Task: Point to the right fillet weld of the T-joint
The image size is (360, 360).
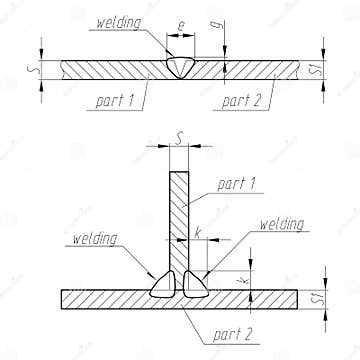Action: pyautogui.click(x=198, y=285)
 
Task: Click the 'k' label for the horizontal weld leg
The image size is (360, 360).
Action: pyautogui.click(x=198, y=234)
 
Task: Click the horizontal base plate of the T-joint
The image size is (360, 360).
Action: pyautogui.click(x=100, y=299)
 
